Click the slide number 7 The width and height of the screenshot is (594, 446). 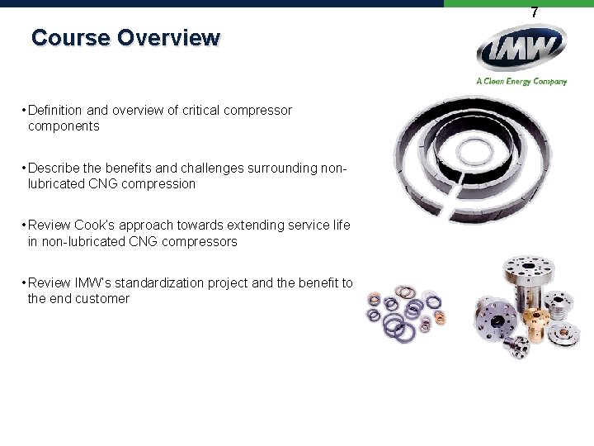click(535, 12)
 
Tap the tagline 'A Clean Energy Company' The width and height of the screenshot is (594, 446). click(521, 81)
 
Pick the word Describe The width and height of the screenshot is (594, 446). click(54, 168)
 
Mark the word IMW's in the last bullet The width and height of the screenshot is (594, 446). click(96, 283)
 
